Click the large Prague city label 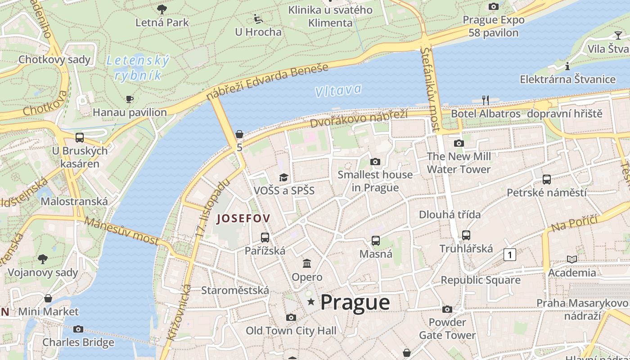355,302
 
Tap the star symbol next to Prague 310,301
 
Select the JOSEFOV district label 243,219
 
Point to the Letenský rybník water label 138,67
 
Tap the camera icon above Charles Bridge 78,329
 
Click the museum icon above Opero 307,263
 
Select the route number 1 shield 509,255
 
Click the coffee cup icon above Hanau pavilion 130,99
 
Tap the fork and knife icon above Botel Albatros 485,99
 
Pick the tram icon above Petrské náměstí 546,179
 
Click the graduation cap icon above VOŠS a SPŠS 283,178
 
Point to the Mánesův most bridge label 121,231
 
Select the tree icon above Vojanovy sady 43,259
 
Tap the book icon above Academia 571,259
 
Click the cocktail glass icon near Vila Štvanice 618,35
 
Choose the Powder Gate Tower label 447,328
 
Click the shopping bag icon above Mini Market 48,298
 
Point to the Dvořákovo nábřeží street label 359,118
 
